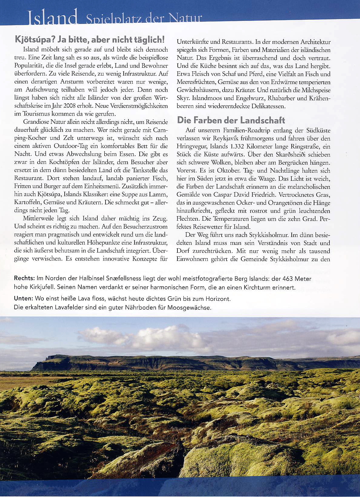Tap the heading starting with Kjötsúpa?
pyautogui.click(x=89, y=39)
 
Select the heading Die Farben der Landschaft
pyautogui.click(x=231, y=120)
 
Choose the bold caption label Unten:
pyautogui.click(x=24, y=299)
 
